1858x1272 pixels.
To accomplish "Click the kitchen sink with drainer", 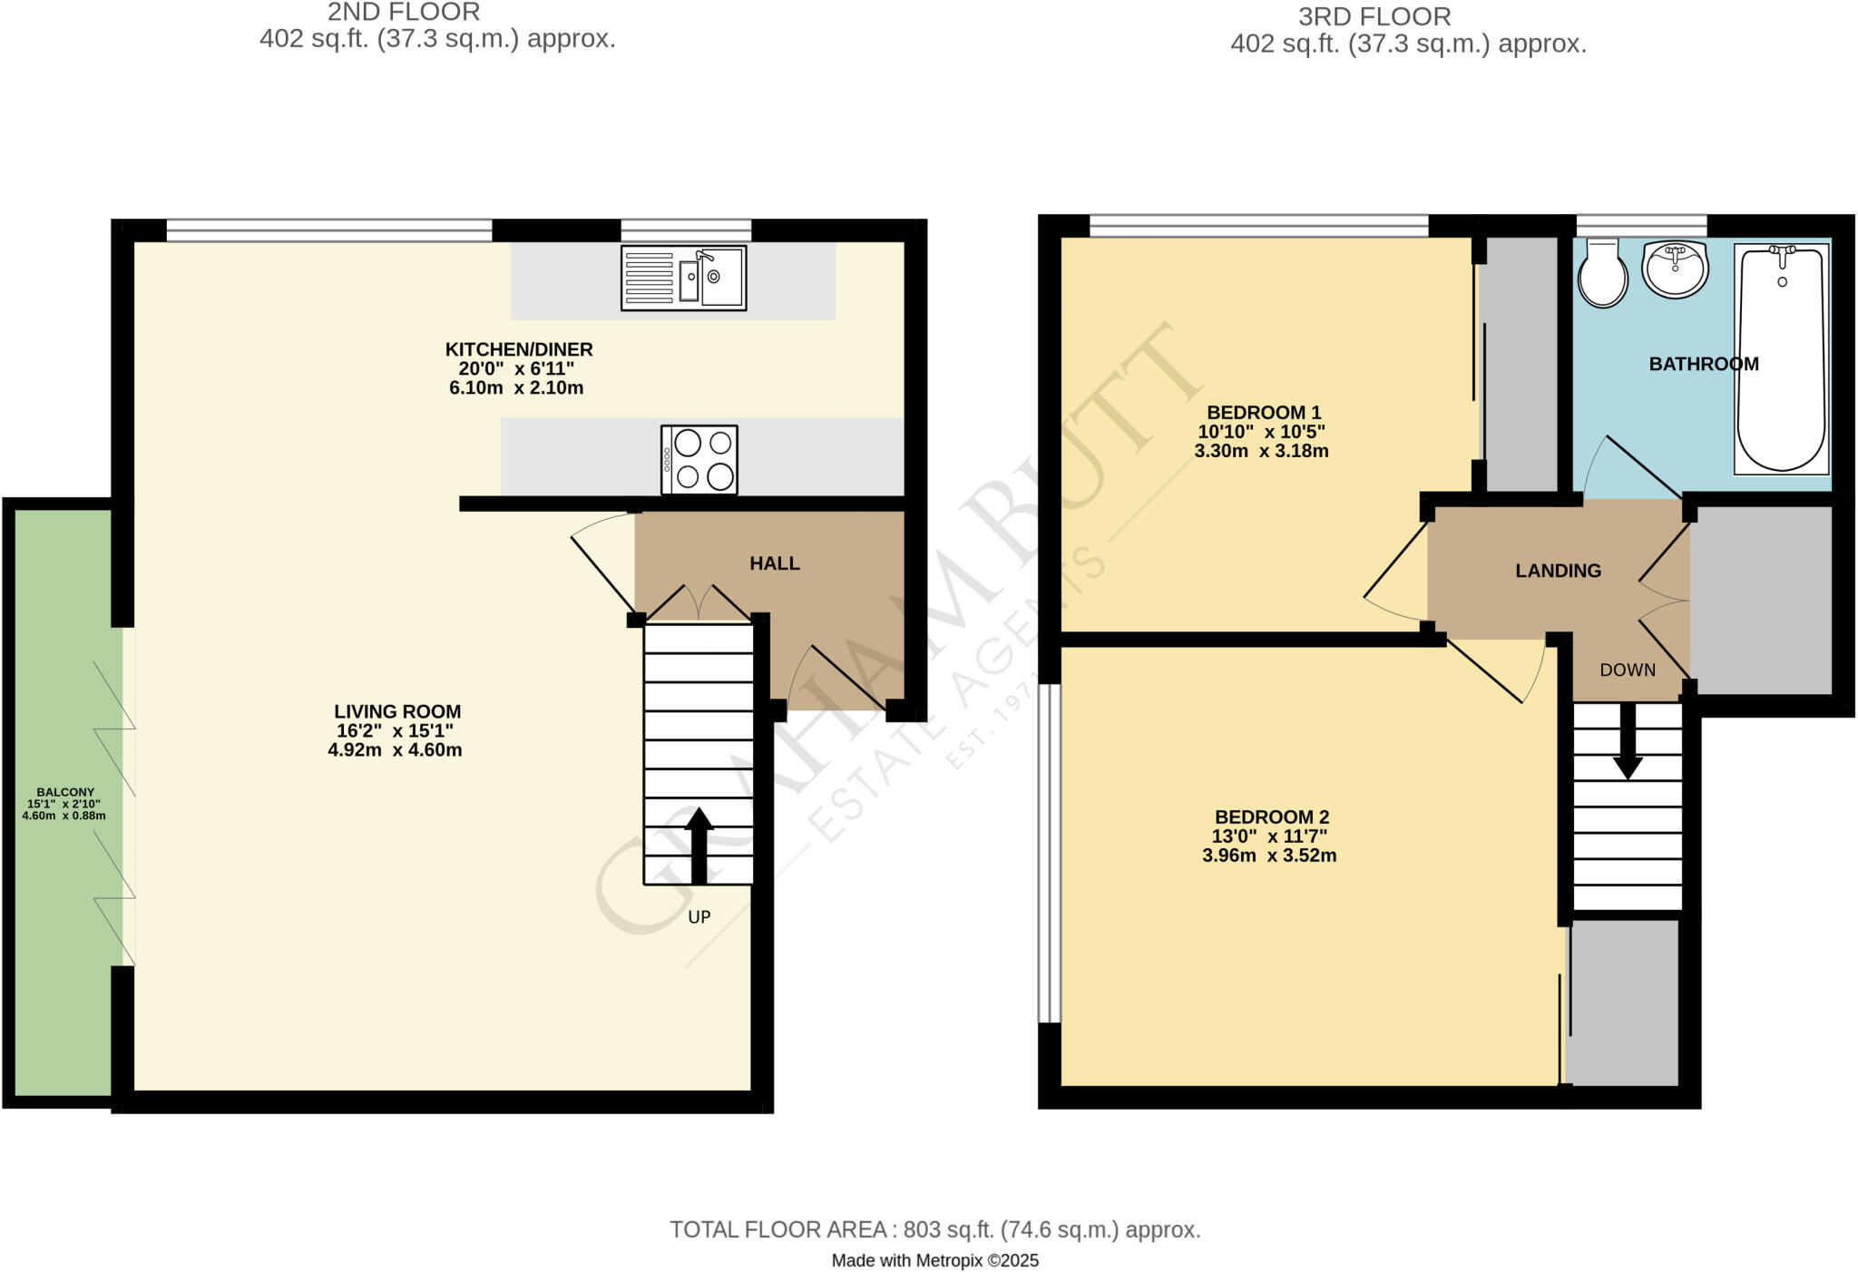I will (683, 278).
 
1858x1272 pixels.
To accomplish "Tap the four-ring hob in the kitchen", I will (699, 460).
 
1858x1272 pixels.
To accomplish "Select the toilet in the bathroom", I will (1603, 274).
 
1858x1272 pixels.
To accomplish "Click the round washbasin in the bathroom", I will (1675, 269).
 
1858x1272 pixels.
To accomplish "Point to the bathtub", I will (1781, 359).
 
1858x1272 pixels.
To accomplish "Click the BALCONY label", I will (65, 792).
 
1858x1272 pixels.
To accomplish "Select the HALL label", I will (774, 563).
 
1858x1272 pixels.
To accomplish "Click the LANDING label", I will (1558, 571).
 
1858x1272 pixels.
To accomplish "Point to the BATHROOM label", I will (1703, 364).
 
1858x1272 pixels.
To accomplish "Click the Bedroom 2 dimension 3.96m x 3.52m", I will (1268, 856).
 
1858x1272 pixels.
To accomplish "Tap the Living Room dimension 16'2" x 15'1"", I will (395, 731).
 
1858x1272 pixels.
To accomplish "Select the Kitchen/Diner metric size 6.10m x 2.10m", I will (516, 388).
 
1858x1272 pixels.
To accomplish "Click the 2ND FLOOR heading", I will (404, 13).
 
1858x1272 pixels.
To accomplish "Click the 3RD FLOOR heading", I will (1374, 16).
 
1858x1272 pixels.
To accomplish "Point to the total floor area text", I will (934, 1229).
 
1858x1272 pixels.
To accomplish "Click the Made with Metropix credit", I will (934, 1260).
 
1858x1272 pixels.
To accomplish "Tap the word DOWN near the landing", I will (1627, 670).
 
